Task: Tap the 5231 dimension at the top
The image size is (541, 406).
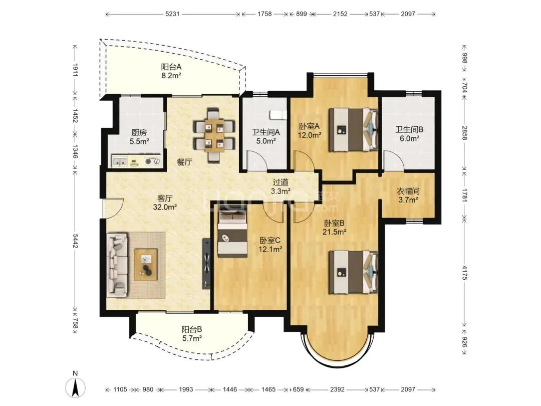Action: (172, 14)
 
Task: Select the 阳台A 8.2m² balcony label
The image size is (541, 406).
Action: (171, 71)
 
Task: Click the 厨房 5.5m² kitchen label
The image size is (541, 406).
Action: (139, 137)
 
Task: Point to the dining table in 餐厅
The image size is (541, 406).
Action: (214, 135)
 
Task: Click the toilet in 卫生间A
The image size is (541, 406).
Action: (278, 115)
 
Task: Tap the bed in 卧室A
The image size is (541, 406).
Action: (353, 129)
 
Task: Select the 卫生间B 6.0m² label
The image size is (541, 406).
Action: (409, 134)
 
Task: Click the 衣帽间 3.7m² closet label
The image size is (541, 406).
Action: (408, 195)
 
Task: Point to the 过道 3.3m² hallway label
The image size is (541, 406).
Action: (281, 186)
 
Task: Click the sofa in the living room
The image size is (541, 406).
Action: (117, 265)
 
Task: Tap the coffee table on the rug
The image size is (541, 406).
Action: (146, 265)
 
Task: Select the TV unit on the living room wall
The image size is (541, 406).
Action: (206, 263)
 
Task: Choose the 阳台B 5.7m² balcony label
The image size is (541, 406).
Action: (192, 334)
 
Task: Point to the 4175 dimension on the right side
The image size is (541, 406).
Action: (464, 272)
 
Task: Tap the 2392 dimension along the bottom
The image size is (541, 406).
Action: (337, 389)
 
